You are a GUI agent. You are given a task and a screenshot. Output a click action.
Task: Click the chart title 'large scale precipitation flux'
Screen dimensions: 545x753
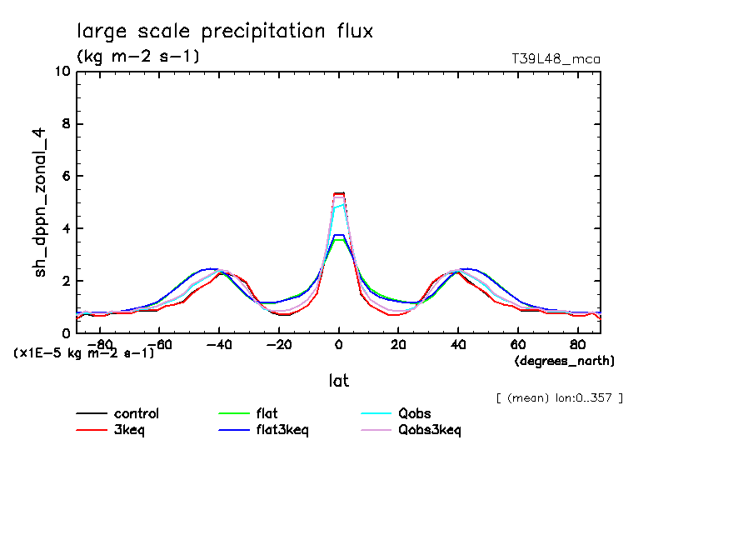coord(225,32)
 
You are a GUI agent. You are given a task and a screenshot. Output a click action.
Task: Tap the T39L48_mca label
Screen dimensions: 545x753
coord(556,59)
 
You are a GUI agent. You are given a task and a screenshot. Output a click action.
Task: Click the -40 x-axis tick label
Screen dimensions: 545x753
coord(219,343)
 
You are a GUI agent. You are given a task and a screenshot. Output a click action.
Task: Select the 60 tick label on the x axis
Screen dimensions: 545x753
coord(517,343)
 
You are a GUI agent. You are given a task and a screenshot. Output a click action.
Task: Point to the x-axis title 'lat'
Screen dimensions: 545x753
coord(338,381)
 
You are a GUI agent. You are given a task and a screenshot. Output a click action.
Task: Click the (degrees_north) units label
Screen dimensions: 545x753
coord(565,360)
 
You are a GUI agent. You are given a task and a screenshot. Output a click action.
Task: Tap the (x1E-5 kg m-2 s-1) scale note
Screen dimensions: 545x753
coord(84,352)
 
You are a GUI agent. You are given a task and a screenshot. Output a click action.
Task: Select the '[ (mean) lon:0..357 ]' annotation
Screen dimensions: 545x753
coord(559,397)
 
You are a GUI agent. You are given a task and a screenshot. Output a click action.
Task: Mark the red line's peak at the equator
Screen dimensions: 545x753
coord(338,193)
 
